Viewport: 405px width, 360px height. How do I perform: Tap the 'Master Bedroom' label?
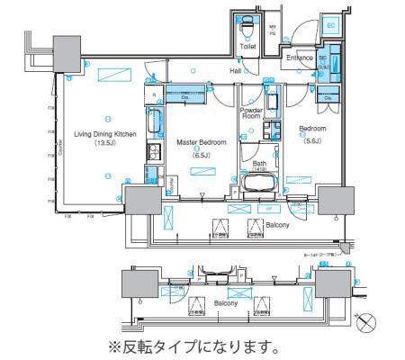coord(201,142)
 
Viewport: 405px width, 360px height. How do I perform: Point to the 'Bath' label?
coord(259,163)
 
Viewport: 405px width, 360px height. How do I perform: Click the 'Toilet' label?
coord(248,42)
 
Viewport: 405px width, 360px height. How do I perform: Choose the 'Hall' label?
coord(235,69)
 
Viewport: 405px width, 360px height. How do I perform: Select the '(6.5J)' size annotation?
coord(201,153)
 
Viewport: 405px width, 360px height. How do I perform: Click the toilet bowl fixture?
coord(248,23)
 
